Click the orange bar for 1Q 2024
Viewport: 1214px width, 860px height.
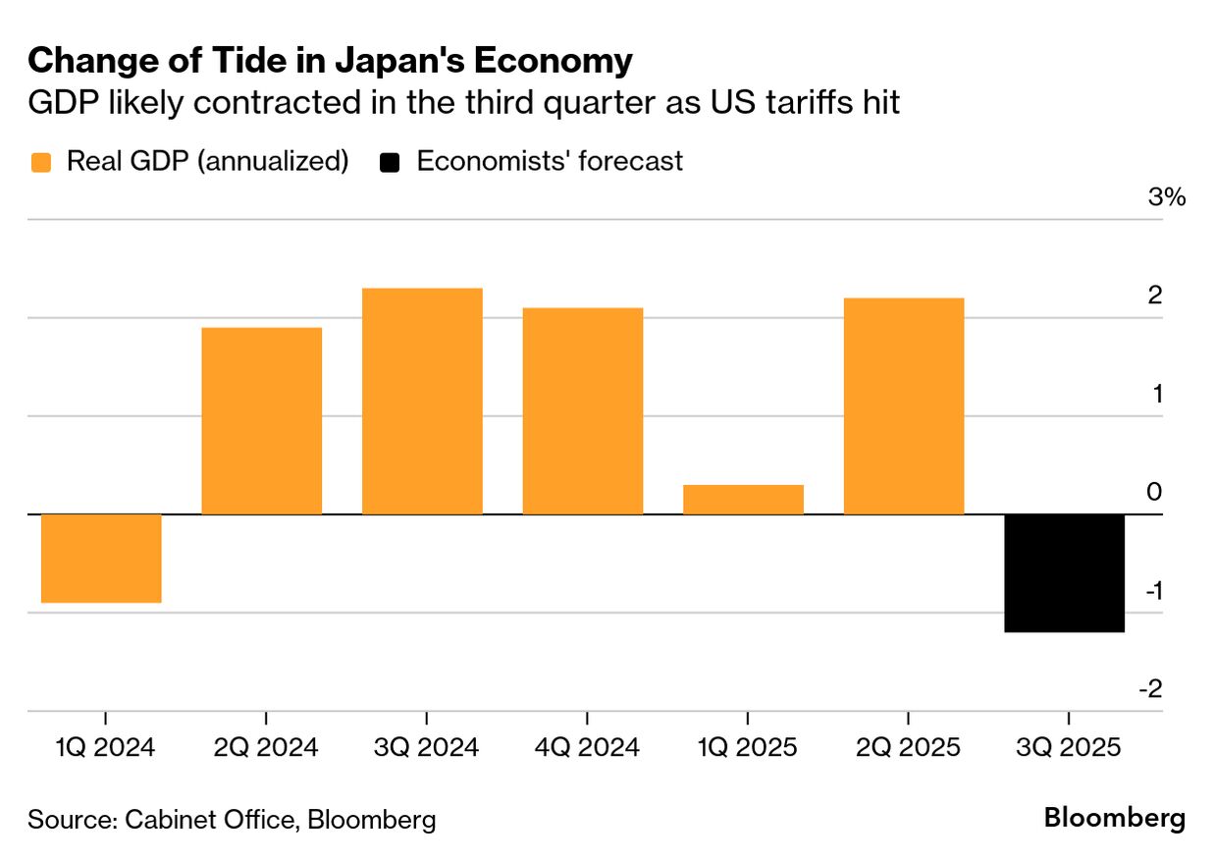(x=101, y=558)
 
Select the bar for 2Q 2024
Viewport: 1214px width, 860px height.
(x=262, y=420)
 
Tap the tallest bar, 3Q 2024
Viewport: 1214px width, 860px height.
(x=422, y=401)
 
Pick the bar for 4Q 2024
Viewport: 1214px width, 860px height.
(x=583, y=410)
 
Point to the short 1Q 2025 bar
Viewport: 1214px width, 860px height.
(x=743, y=499)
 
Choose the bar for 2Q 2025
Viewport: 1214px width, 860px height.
(x=904, y=405)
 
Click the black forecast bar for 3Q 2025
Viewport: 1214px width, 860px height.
(x=1065, y=572)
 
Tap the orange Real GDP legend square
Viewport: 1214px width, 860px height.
(x=40, y=162)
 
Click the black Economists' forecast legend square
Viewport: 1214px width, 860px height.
(x=391, y=162)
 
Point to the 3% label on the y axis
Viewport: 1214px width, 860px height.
(x=1167, y=197)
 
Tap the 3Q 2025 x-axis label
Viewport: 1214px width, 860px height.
(x=1068, y=748)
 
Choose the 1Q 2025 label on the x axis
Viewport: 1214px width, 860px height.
(x=747, y=748)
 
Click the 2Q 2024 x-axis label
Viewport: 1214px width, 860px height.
(x=265, y=748)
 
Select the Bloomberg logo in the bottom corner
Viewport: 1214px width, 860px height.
(x=1114, y=818)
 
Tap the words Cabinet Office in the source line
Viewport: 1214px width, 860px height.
(x=209, y=820)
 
